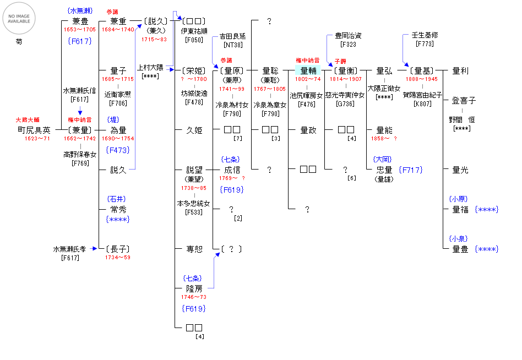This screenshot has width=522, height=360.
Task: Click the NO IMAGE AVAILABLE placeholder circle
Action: (x=19, y=19)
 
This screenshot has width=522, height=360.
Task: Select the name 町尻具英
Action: (x=34, y=130)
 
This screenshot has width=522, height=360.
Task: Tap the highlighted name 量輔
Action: (x=308, y=70)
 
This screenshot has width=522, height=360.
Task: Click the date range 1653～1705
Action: (x=79, y=30)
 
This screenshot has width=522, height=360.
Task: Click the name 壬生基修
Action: (x=425, y=36)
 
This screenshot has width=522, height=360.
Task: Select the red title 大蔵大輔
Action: (x=26, y=119)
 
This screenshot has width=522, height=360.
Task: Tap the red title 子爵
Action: (x=340, y=61)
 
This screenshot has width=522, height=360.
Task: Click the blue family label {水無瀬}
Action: (x=80, y=11)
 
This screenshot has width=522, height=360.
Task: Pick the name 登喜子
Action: (x=464, y=101)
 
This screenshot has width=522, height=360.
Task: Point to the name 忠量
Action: (x=384, y=170)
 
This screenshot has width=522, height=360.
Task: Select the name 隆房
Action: (x=194, y=288)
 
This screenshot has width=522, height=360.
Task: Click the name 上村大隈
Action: (x=150, y=67)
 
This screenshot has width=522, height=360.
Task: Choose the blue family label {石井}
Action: (x=118, y=199)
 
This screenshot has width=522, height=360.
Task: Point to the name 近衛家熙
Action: (x=118, y=94)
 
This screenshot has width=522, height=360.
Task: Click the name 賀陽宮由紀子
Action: (x=423, y=95)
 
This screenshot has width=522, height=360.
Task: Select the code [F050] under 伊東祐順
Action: (x=194, y=40)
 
